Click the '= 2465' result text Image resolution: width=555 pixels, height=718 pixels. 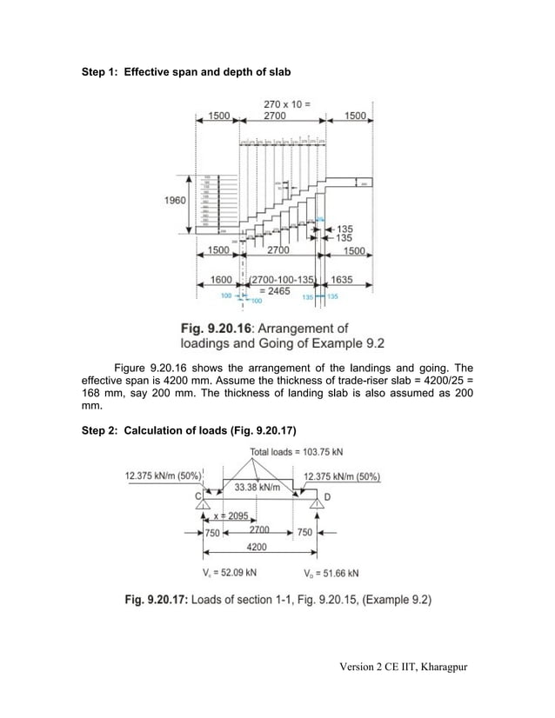[278, 292]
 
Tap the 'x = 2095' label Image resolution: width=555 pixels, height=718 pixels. [228, 515]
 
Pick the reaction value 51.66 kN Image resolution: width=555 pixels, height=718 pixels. [336, 573]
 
